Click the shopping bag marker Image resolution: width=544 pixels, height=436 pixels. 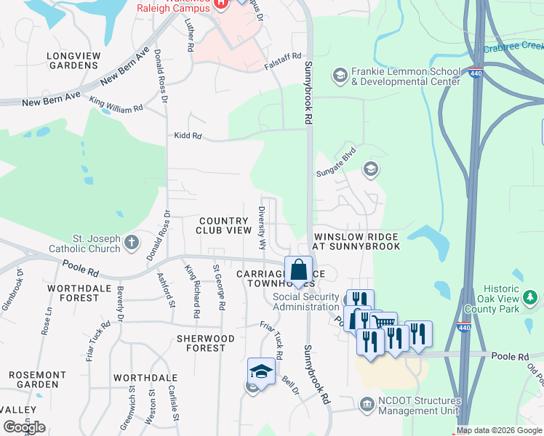pos(298,270)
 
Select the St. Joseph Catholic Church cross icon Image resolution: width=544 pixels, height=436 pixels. pos(132,242)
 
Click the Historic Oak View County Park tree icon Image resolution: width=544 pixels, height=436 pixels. pos(531,297)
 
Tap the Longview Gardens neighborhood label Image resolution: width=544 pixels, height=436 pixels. pos(72,60)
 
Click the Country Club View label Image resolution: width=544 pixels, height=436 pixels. pos(224,225)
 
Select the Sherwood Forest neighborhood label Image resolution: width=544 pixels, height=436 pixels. pos(206,343)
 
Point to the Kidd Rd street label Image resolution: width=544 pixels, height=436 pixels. pos(187,136)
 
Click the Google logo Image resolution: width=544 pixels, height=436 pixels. pos(24,427)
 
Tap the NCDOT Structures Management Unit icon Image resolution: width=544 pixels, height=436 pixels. pos(367,403)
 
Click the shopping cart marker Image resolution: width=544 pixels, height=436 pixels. pos(383,321)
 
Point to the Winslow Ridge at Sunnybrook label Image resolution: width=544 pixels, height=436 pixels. pos(356,242)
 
